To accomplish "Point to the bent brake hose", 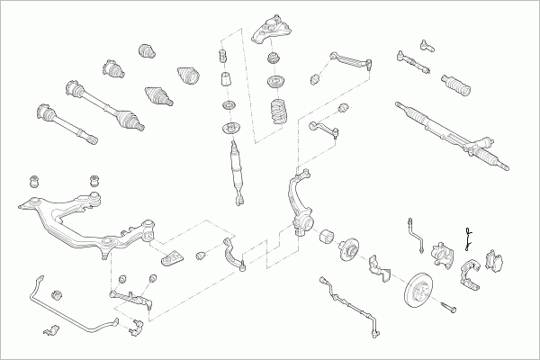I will pos(417,231).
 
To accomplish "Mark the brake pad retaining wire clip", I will pos(468,238).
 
